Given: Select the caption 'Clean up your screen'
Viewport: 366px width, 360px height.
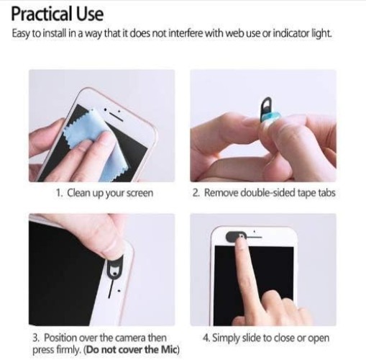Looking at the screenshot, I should point(109,192).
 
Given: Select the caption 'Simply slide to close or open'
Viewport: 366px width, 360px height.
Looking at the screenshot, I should point(269,337).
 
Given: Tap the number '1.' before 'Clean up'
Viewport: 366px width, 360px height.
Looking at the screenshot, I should point(60,192).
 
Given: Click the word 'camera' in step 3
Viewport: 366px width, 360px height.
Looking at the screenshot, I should point(127,337).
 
